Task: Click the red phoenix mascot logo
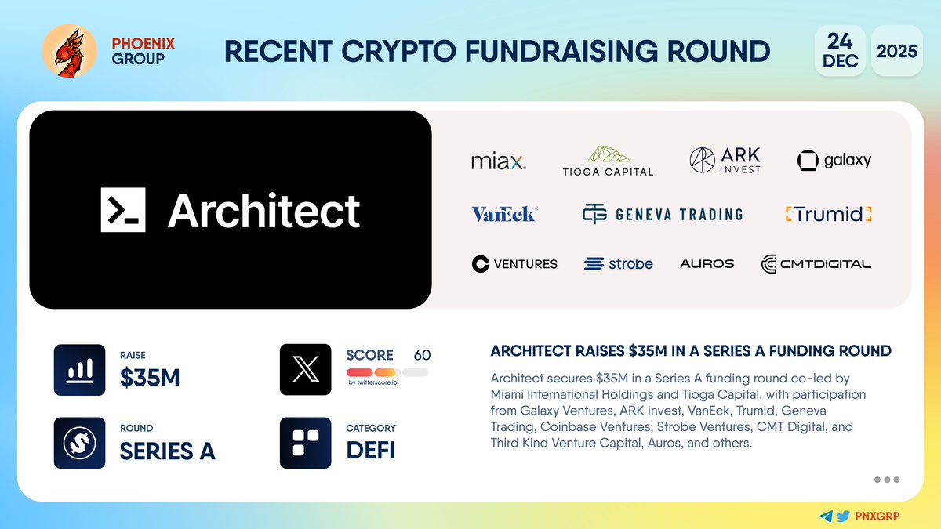tap(69, 51)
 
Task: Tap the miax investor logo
tap(498, 161)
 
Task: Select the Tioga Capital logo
tap(608, 161)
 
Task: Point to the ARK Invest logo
tap(725, 160)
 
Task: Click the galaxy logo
tap(834, 161)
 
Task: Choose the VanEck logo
tap(504, 214)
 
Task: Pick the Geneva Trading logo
tap(663, 214)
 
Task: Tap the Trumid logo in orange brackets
tap(829, 214)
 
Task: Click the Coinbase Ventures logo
tap(514, 264)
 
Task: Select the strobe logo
tap(619, 264)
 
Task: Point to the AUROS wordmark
tap(707, 264)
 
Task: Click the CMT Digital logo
tap(816, 264)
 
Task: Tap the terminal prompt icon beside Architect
tap(123, 210)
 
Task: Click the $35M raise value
tap(150, 378)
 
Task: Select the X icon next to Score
tap(305, 369)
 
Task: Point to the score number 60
tap(422, 355)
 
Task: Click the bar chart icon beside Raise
tap(79, 369)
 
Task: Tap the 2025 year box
tap(897, 51)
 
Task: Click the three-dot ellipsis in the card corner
tap(886, 480)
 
